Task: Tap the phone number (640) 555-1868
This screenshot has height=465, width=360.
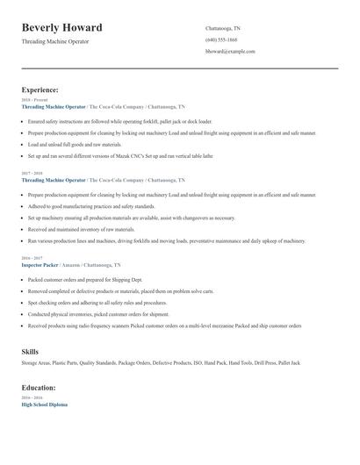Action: [221, 39]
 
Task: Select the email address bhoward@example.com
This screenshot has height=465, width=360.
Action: [230, 51]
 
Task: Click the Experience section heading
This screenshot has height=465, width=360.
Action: [40, 89]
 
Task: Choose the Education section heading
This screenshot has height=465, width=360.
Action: [39, 387]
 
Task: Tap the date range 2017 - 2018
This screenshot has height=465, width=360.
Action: [31, 174]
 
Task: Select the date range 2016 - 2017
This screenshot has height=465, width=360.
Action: [31, 258]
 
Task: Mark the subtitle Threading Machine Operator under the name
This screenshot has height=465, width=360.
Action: [54, 41]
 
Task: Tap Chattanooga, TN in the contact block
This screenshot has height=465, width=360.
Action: [223, 28]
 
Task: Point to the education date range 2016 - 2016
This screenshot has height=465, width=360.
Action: [31, 398]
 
